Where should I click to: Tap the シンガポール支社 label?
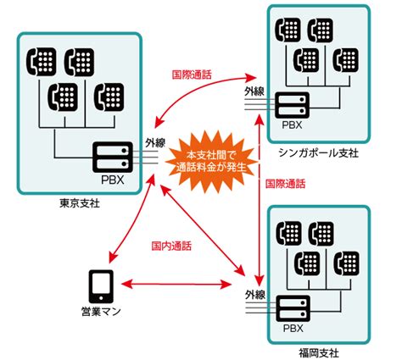pos(319,152)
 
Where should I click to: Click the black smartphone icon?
pos(101,285)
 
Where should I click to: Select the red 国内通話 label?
pos(171,246)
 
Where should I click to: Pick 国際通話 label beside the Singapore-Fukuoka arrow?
pos(286,183)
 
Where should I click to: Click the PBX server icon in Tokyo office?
pos(113,157)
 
